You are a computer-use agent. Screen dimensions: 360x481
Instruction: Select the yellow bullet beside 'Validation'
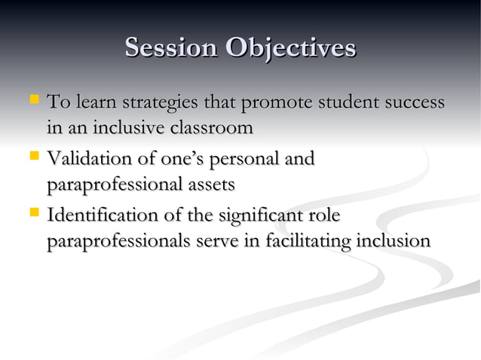pos(34,157)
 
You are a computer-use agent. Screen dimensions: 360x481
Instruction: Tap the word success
pos(415,102)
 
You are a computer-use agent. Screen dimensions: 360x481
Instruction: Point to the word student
pos(354,102)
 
